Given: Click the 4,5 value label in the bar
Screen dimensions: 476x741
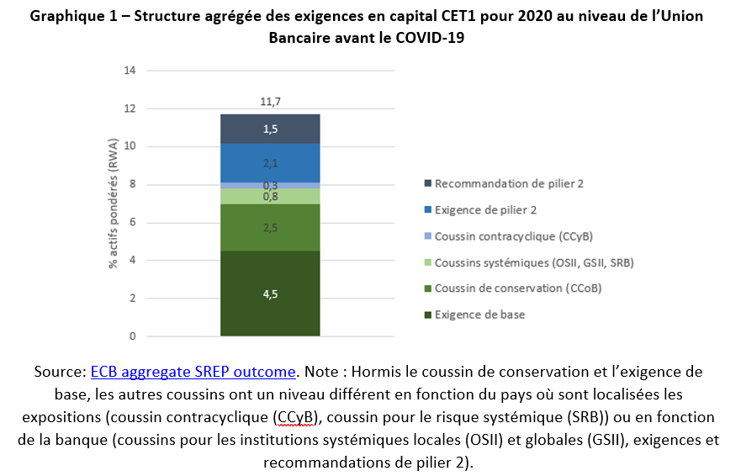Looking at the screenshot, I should pos(270,294).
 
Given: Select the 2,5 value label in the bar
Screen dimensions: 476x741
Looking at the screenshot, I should pos(270,228).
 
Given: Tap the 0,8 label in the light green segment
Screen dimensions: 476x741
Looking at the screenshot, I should pos(270,197).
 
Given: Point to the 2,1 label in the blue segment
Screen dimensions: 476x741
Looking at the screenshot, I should pos(270,162).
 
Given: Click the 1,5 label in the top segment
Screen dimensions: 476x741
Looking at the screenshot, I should pos(270,129).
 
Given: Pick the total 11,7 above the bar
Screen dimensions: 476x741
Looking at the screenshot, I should pos(270,102).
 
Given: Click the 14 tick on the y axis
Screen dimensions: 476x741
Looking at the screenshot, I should pos(130,71).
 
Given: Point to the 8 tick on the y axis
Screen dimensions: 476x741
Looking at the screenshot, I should pos(132,185).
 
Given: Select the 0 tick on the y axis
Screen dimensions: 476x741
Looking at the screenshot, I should pos(132,336).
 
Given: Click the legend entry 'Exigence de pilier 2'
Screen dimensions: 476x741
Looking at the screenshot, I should pos(485,210).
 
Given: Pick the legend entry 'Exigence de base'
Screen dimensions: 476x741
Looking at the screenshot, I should pos(479,315).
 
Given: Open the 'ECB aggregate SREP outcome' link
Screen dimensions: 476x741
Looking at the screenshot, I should pos(193,371).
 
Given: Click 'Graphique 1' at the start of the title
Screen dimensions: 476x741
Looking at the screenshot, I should pos(71,17).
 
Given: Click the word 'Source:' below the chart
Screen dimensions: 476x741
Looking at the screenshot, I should pos(61,371).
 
